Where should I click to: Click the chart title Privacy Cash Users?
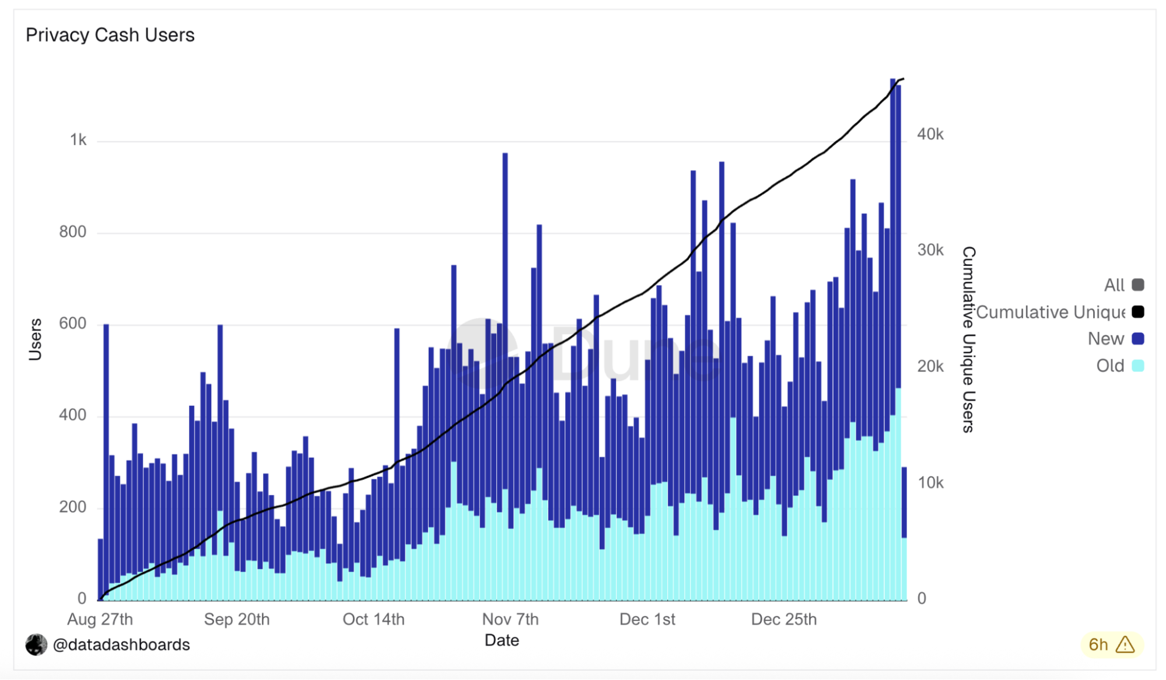tap(110, 35)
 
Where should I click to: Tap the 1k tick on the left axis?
tap(78, 140)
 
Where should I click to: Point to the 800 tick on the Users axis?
tap(72, 232)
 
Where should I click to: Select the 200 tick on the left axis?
tap(72, 507)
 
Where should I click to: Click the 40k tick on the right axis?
tap(930, 134)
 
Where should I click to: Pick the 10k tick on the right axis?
tap(930, 483)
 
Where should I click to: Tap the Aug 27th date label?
tap(100, 619)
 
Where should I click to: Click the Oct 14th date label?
tap(373, 619)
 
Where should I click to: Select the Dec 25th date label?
tap(783, 619)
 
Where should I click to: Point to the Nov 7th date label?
tap(510, 619)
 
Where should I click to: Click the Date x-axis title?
tap(502, 640)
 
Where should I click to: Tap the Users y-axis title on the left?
tap(35, 339)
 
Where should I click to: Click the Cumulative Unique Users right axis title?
tap(968, 339)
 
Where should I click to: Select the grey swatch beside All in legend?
tap(1137, 285)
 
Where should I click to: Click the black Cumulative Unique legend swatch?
tap(1137, 312)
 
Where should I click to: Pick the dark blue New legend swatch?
tap(1137, 339)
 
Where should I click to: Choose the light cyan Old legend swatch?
tap(1137, 366)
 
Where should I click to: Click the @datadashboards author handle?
tap(121, 644)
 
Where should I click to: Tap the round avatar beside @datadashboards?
tap(36, 644)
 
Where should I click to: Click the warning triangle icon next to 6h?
tap(1125, 644)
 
